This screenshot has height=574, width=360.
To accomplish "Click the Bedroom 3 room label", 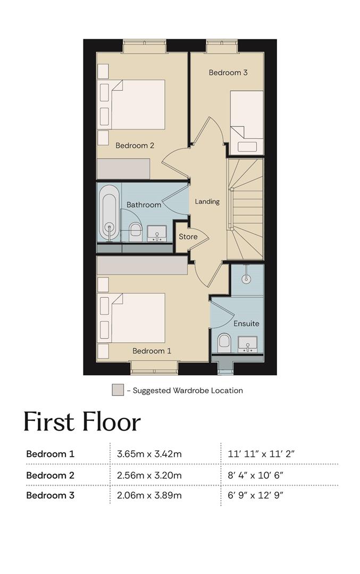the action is pos(228,72).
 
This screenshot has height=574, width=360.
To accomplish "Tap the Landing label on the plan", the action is pos(207,201).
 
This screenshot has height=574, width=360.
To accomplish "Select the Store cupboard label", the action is pos(188,237).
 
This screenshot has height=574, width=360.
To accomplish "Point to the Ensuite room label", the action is pos(246,324).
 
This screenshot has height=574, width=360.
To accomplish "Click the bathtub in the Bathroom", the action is pos(109,213).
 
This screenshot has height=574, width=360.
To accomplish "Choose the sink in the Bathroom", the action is pos(157,233).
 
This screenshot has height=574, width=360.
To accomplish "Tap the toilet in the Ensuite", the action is pos(224,343).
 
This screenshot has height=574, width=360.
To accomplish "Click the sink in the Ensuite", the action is pos(248,344).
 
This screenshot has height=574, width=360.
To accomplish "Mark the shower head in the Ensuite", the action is pos(247,278).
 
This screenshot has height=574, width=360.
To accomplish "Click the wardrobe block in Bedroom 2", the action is pos(123,169).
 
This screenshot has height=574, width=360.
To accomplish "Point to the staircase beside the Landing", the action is pos(245,209).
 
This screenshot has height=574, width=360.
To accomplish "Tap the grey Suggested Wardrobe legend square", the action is pos(118,390).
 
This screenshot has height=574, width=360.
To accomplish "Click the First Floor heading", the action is pos(82,421).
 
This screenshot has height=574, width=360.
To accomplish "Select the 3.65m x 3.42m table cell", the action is pos(149,454).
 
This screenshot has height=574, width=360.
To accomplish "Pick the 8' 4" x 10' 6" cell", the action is pos(256,475).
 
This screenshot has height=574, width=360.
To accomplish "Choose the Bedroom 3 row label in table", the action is pos(50,495).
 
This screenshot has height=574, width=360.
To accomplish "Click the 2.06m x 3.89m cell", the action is pos(149,495).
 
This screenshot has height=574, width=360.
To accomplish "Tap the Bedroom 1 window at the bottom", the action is pos(154,368).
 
